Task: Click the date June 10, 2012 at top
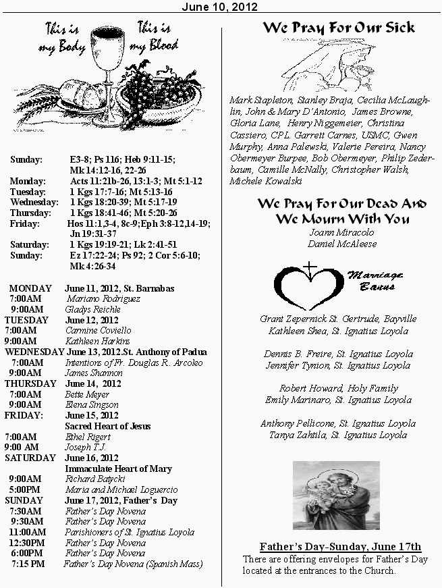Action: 221,6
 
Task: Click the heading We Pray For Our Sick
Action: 338,28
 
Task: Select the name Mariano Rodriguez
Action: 103,298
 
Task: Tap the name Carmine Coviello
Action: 99,331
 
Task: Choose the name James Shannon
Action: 94,373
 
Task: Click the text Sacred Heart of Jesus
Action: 107,426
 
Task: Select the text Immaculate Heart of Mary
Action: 118,469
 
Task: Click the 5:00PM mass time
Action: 24,489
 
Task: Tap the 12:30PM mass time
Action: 27,543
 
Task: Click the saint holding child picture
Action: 336,496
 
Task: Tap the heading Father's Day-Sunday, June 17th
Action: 340,546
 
